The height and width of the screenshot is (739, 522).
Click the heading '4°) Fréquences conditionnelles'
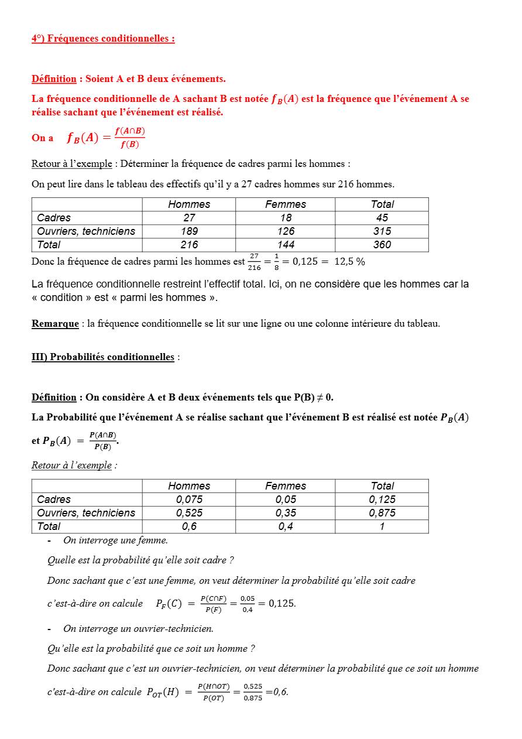pos(103,39)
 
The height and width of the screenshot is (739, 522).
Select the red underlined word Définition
pos(54,78)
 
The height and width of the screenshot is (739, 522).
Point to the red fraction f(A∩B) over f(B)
pos(129,138)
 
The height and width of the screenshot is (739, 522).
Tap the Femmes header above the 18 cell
pos(286,204)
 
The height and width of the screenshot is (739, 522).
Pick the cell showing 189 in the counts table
pos(189,231)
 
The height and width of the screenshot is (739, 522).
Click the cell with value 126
pos(286,231)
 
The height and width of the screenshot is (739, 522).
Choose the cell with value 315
pos(382,231)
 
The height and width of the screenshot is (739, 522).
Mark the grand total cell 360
pos(382,245)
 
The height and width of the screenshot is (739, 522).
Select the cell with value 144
pos(286,245)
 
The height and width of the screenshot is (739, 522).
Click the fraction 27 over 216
pos(254,262)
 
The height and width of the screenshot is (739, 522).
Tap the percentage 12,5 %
pos(349,262)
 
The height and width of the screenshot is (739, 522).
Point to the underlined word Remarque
pos(55,323)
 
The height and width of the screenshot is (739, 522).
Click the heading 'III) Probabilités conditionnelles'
pos(103,357)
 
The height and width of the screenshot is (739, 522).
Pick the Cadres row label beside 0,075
pos(54,499)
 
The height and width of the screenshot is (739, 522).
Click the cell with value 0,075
pos(189,499)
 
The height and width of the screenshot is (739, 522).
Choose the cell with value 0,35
pos(286,513)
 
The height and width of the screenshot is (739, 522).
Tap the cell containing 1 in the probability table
pos(382,526)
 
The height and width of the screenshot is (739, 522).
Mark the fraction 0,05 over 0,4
pos(248,604)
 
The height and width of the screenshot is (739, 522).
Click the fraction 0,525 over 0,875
pos(253,692)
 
